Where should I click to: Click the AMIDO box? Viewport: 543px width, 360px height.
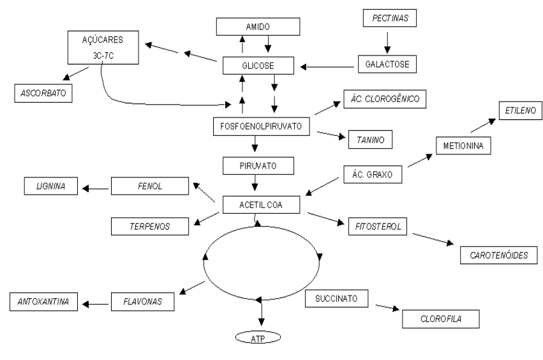click(x=257, y=26)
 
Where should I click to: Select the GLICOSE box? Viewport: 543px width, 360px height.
click(x=257, y=65)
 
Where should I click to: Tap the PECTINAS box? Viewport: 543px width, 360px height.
click(x=389, y=19)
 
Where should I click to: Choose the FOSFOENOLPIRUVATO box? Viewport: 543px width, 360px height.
click(x=261, y=126)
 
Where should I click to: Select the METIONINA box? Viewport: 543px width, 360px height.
click(x=463, y=146)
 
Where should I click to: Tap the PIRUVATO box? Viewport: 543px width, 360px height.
click(x=258, y=167)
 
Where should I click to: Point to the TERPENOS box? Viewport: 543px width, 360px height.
click(x=150, y=225)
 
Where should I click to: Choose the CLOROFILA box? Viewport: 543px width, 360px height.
click(x=440, y=317)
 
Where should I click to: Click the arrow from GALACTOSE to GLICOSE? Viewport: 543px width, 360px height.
click(x=329, y=65)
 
